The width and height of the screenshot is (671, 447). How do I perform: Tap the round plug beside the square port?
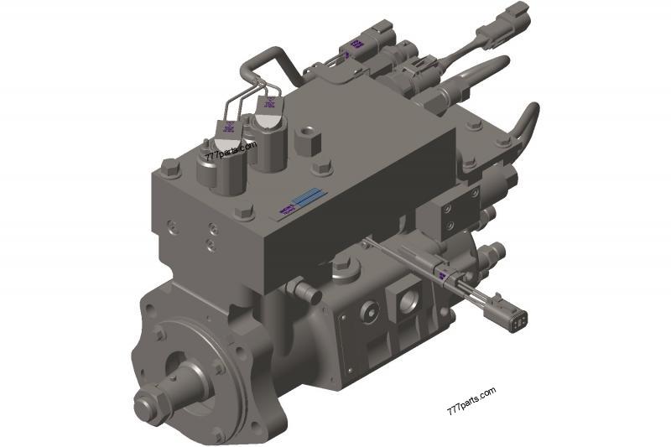click(369, 310)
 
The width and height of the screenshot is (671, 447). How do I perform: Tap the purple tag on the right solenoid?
click(269, 105)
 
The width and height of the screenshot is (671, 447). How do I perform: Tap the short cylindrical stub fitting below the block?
click(304, 293)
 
